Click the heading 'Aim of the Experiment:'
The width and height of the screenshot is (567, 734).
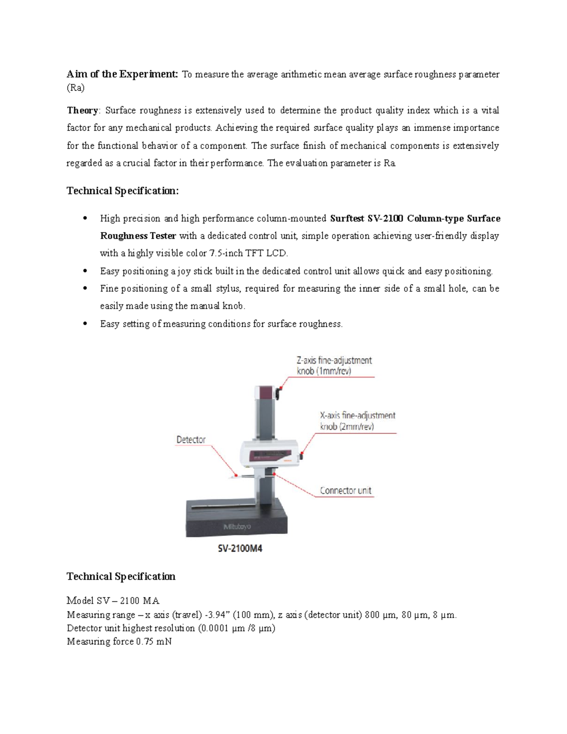[122, 74]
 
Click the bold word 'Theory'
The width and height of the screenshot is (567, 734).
[82, 111]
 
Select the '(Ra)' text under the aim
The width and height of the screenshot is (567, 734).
[76, 88]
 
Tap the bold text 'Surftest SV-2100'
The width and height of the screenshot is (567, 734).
[367, 218]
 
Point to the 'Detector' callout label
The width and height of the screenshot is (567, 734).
[191, 440]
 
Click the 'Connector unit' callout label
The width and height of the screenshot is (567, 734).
[345, 491]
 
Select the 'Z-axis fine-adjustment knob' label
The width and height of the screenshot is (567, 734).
[334, 365]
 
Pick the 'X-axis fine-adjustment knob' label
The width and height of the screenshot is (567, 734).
[357, 421]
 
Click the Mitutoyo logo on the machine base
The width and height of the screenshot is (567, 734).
[237, 527]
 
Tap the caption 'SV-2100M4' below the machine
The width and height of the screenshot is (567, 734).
[237, 549]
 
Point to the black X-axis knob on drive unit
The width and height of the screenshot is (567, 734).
[301, 457]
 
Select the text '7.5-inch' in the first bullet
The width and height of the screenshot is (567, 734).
[226, 253]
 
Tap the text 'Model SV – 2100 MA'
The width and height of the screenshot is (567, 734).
[113, 601]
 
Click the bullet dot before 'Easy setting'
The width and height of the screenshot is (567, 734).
[85, 324]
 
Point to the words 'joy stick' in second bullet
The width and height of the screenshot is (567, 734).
[195, 271]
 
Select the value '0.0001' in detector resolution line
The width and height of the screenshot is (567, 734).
[215, 628]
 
